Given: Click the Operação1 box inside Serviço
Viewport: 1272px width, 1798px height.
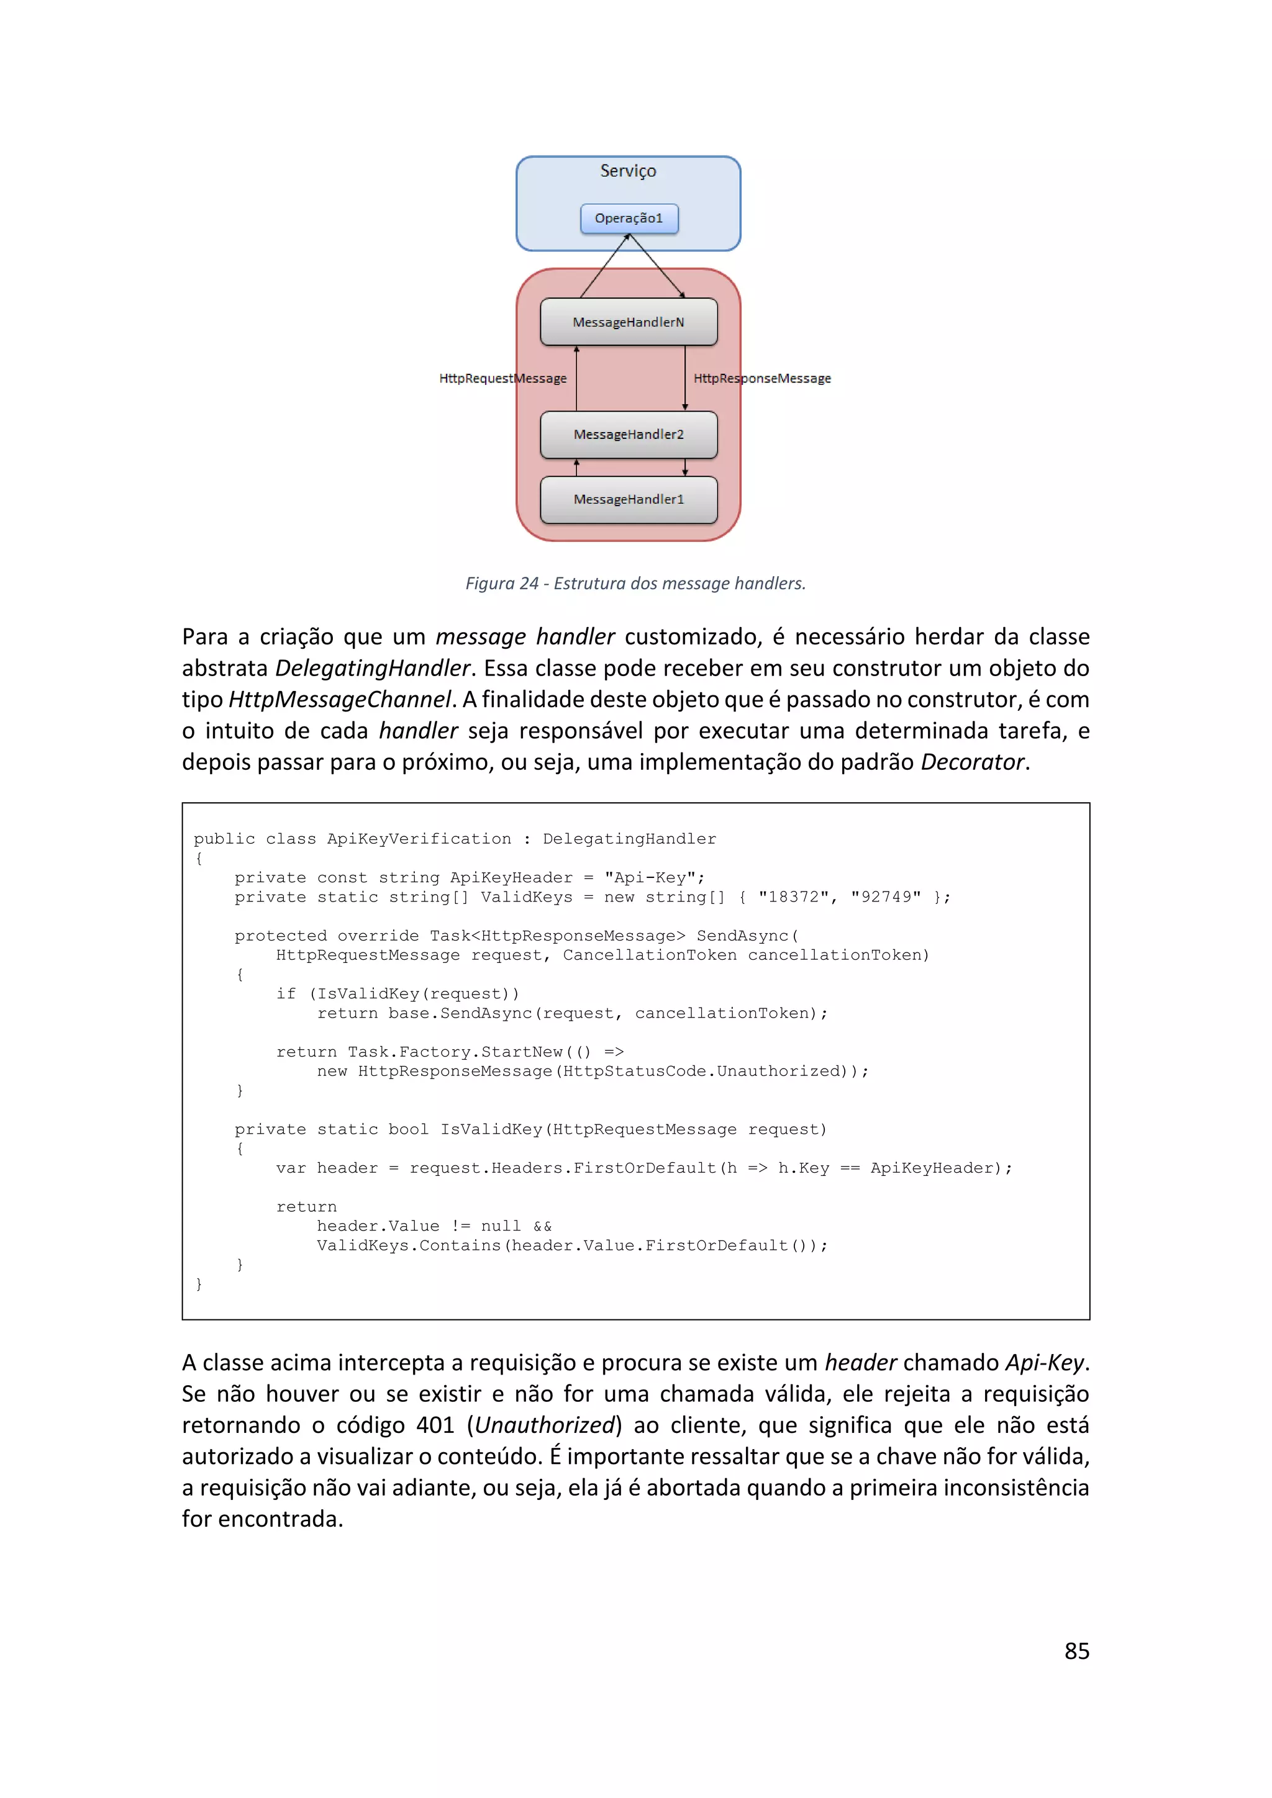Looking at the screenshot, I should [629, 219].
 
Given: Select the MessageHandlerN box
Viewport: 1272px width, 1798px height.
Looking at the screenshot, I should [629, 322].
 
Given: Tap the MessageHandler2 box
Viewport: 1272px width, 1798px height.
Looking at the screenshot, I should [629, 435].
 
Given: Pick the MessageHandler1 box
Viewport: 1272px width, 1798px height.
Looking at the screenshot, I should [629, 500].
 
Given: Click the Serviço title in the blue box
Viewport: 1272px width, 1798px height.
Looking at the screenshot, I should [628, 171].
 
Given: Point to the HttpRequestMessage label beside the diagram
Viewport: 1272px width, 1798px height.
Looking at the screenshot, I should [503, 378].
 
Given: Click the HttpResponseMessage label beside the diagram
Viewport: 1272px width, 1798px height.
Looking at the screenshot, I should [762, 378].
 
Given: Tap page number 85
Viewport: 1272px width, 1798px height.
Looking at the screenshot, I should [1077, 1651].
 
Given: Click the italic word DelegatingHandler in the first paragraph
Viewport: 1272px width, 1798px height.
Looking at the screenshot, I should [373, 668].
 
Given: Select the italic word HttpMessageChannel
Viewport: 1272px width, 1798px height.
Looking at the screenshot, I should [340, 699].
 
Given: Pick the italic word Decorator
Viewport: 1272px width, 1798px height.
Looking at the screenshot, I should [972, 762].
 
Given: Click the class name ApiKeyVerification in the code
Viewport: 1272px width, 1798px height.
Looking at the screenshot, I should [419, 839].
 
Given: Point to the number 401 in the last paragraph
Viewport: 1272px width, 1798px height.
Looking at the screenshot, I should [435, 1425].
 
